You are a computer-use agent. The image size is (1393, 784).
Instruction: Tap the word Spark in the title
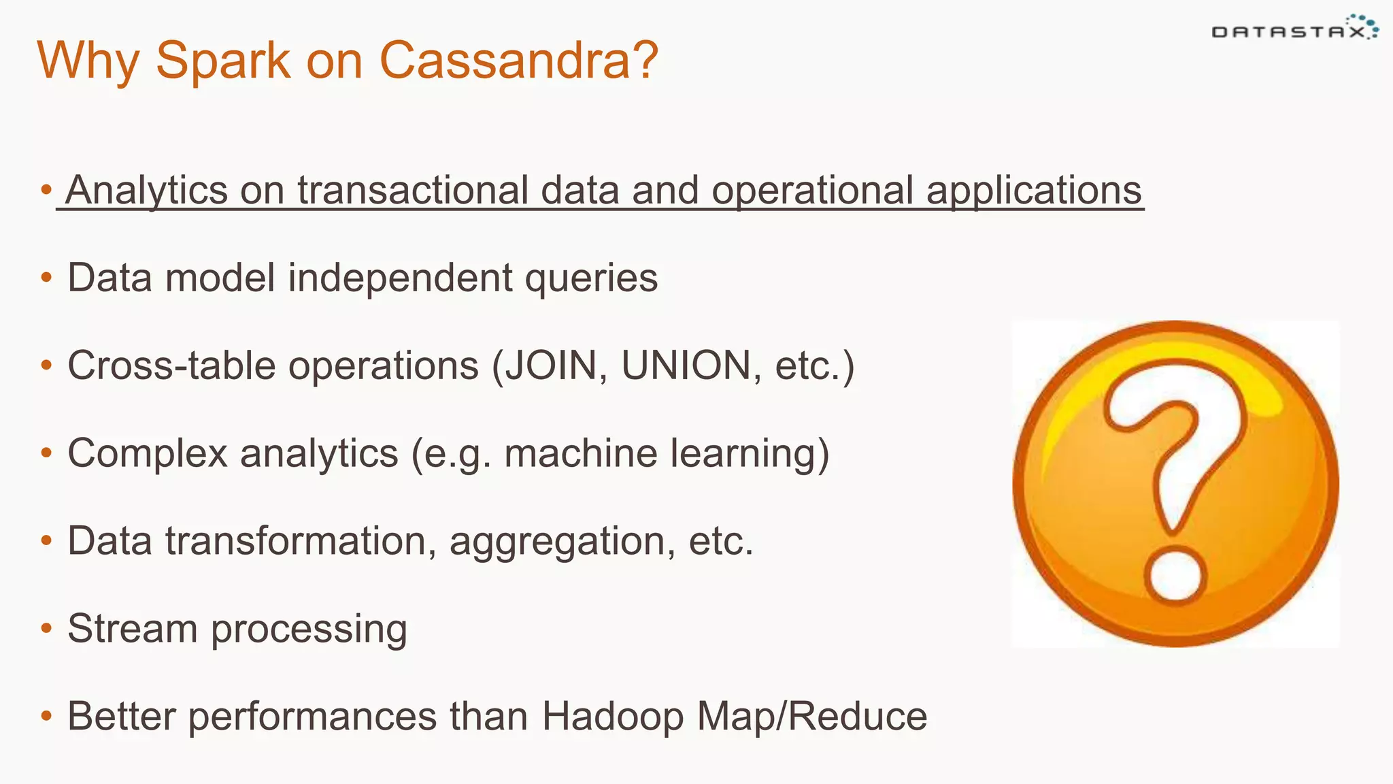pyautogui.click(x=223, y=61)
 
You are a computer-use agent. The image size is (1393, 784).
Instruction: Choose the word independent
pyautogui.click(x=401, y=278)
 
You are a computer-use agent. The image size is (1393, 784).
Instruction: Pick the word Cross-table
pyautogui.click(x=171, y=365)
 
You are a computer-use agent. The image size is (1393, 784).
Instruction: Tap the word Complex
pyautogui.click(x=147, y=453)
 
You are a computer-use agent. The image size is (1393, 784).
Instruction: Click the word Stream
pyautogui.click(x=133, y=628)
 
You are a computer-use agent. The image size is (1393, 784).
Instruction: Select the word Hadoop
pyautogui.click(x=612, y=717)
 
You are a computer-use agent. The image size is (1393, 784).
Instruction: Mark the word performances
pyautogui.click(x=312, y=717)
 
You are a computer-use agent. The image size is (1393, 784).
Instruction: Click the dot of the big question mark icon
pyautogui.click(x=1175, y=576)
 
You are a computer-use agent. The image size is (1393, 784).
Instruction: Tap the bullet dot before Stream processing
pyautogui.click(x=46, y=627)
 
